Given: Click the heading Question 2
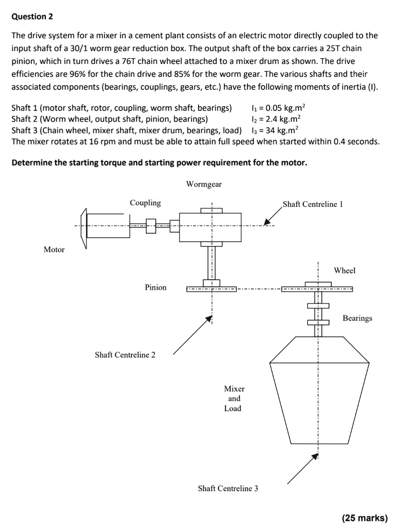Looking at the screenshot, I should pyautogui.click(x=32, y=16).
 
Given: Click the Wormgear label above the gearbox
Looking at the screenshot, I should pyautogui.click(x=204, y=184).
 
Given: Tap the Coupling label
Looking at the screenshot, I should pyautogui.click(x=145, y=203).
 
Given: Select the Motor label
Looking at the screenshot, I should pyautogui.click(x=54, y=250).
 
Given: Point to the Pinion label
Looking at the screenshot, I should pyautogui.click(x=155, y=287).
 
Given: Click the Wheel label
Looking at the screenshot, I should pyautogui.click(x=345, y=270).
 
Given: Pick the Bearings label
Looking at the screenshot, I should pyautogui.click(x=357, y=318).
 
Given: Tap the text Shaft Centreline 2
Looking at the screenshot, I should pyautogui.click(x=125, y=355).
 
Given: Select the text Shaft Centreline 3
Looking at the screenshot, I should pyautogui.click(x=228, y=488).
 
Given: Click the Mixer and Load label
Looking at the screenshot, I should pyautogui.click(x=234, y=398).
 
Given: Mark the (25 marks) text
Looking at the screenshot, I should pyautogui.click(x=364, y=518).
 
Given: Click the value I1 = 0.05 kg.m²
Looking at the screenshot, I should pyautogui.click(x=278, y=108).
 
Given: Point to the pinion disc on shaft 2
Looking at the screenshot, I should pyautogui.click(x=211, y=289).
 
